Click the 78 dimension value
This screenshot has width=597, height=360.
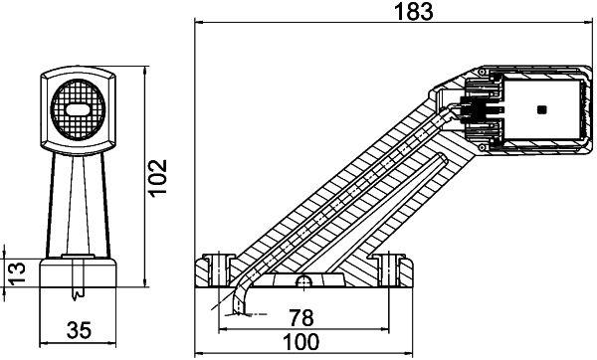click(299, 319)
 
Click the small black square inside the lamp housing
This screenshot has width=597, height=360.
click(540, 108)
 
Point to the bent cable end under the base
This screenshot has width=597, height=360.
click(237, 303)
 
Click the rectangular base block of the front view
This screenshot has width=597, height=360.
click(78, 274)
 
